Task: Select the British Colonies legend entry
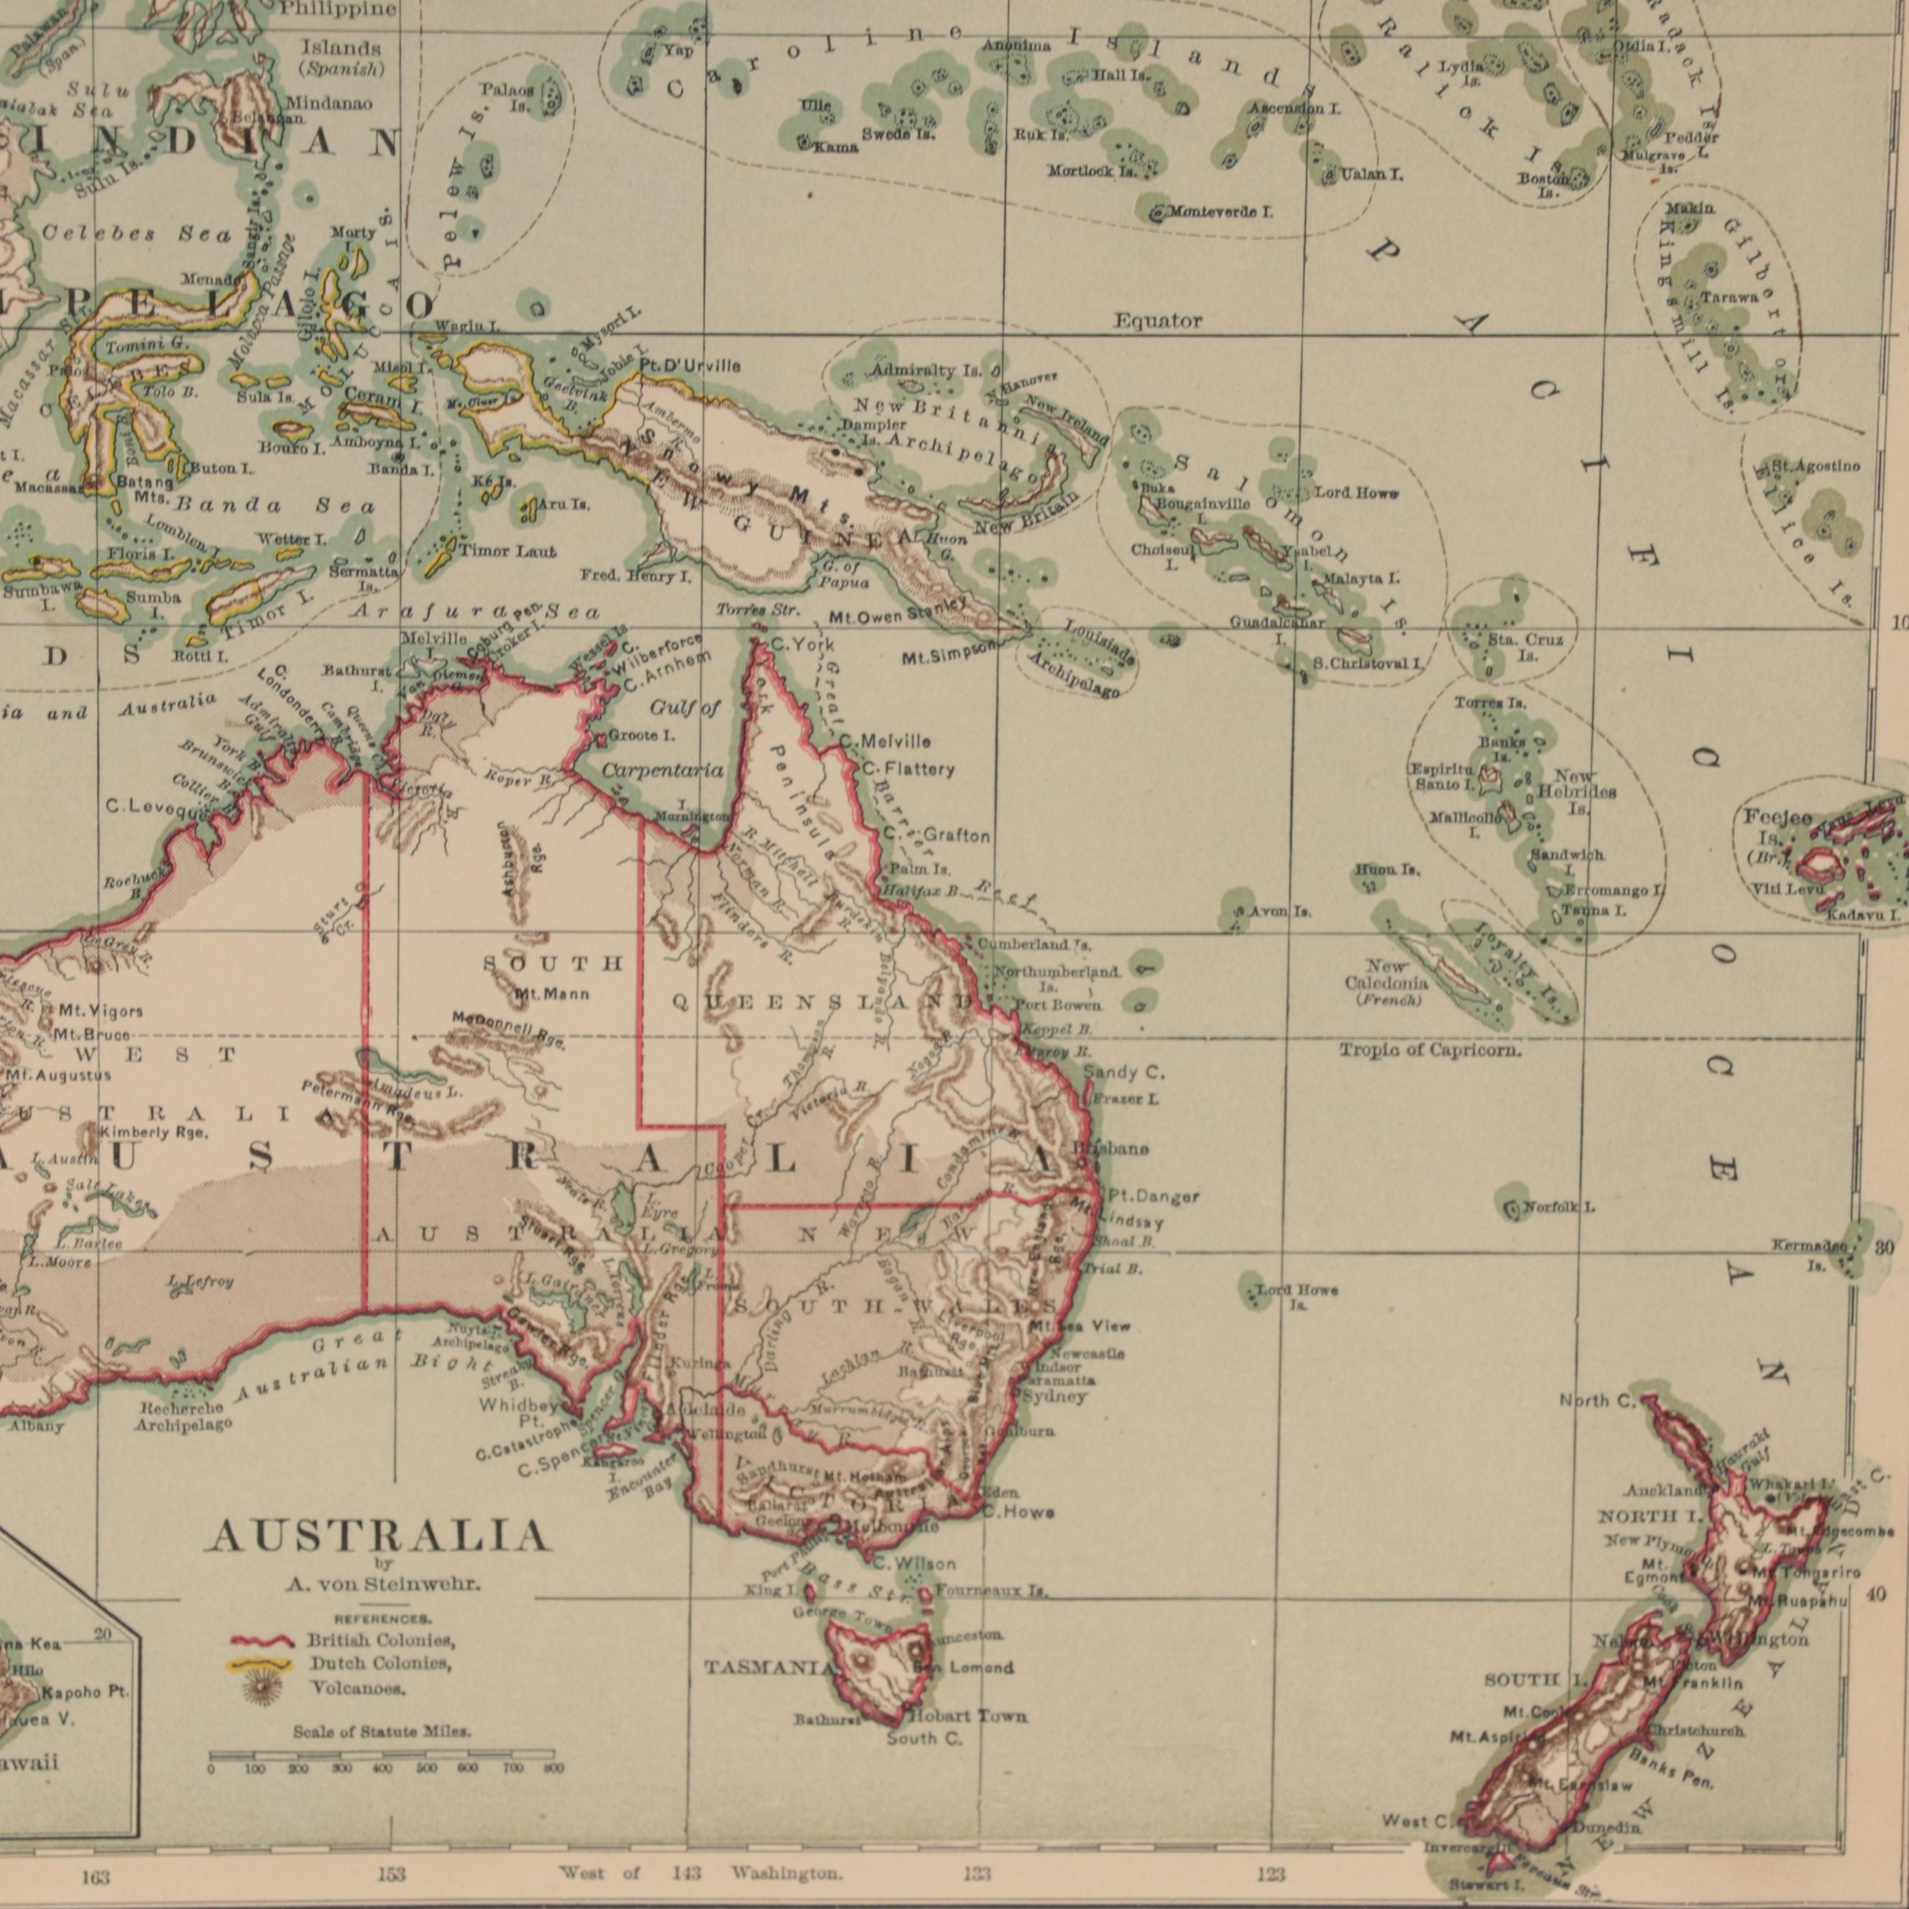379,1640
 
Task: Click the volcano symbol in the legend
262,1690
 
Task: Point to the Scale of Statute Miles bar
380,1756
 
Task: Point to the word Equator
1158,321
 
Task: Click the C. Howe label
1017,1512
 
